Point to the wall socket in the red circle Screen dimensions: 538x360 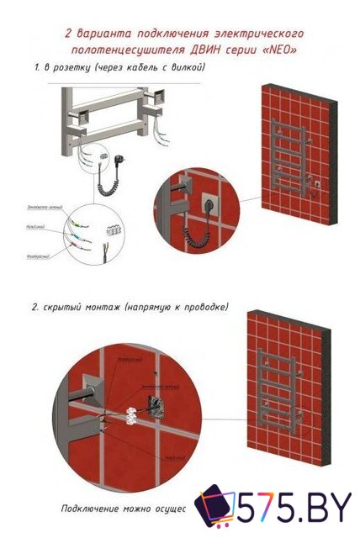[207, 203]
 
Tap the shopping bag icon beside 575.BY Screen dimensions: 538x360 [214, 508]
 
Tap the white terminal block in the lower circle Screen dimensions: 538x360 [131, 414]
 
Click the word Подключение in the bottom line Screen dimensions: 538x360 [87, 509]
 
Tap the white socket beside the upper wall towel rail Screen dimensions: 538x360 [318, 180]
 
